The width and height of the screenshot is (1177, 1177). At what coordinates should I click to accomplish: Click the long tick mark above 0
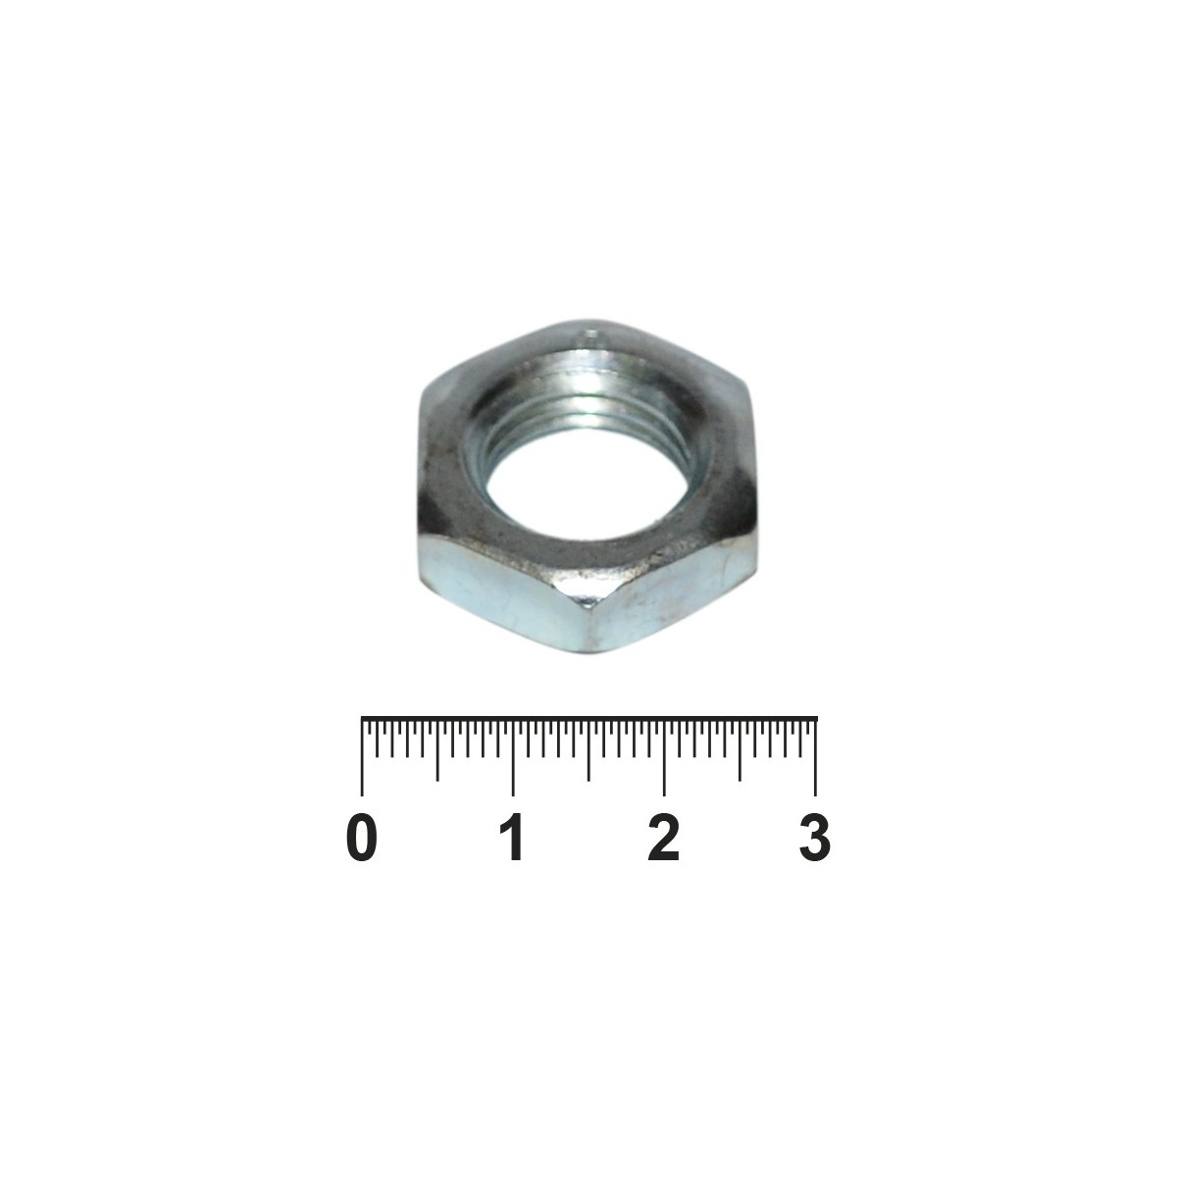coord(362,758)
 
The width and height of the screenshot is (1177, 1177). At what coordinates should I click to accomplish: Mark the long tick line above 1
coord(512,758)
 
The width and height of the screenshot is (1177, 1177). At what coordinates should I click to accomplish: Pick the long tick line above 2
coord(664,758)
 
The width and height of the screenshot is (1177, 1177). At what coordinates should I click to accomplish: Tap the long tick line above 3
coord(815,758)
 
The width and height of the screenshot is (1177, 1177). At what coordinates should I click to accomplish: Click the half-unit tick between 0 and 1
coord(436,750)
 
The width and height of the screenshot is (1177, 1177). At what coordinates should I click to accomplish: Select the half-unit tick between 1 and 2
coord(588,750)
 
